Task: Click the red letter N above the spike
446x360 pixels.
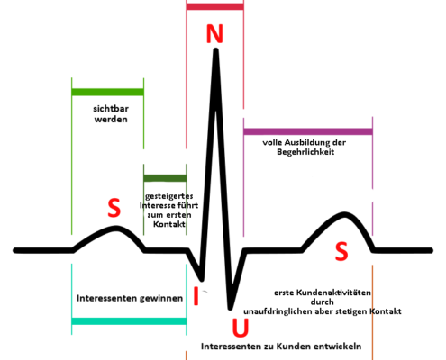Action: pyautogui.click(x=214, y=33)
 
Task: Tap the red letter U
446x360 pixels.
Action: pyautogui.click(x=241, y=328)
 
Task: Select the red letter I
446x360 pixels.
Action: pyautogui.click(x=196, y=296)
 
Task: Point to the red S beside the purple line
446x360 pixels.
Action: pyautogui.click(x=341, y=251)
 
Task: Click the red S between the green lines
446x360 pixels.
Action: pyautogui.click(x=114, y=208)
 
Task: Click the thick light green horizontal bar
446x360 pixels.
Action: pyautogui.click(x=107, y=92)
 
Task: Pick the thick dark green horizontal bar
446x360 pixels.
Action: pyautogui.click(x=165, y=178)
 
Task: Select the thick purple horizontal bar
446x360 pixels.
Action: pyautogui.click(x=308, y=131)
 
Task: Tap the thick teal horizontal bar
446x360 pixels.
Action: pyautogui.click(x=129, y=321)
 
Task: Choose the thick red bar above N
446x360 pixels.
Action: pyautogui.click(x=214, y=6)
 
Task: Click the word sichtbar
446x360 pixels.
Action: pyautogui.click(x=111, y=109)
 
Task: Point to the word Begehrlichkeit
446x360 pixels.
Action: pyautogui.click(x=305, y=152)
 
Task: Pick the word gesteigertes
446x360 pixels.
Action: pyautogui.click(x=169, y=196)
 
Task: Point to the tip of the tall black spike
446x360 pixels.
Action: pyautogui.click(x=215, y=49)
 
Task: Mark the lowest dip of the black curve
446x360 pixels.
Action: pyautogui.click(x=230, y=308)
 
